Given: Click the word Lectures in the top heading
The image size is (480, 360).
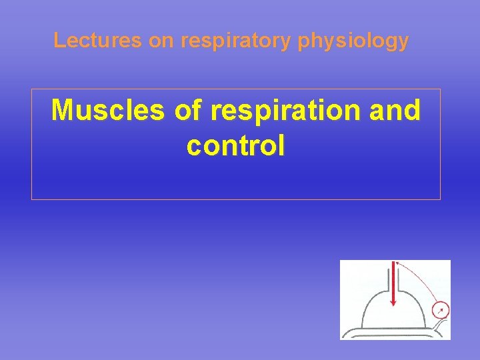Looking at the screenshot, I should (98, 41).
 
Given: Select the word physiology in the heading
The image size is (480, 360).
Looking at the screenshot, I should (353, 41).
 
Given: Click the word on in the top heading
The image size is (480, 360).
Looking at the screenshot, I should (160, 41).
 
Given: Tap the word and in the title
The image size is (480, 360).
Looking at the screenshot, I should (393, 111).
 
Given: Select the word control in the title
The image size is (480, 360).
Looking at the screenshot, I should (236, 145).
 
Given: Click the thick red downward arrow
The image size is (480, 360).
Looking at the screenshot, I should (394, 280).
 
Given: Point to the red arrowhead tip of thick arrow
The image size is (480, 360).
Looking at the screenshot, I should (394, 303).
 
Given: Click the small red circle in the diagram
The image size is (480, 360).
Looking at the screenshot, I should (440, 310).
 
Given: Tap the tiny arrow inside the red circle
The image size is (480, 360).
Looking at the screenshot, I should (440, 310).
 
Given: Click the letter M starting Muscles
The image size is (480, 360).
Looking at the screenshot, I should (64, 111).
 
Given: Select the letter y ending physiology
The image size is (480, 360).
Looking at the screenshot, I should (403, 43).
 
